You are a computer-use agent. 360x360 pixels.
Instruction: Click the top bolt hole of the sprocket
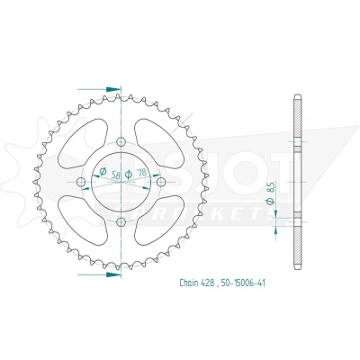(121, 140)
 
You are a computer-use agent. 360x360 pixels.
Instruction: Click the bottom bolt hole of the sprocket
(121, 223)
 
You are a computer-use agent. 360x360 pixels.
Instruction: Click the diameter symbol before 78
(129, 174)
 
